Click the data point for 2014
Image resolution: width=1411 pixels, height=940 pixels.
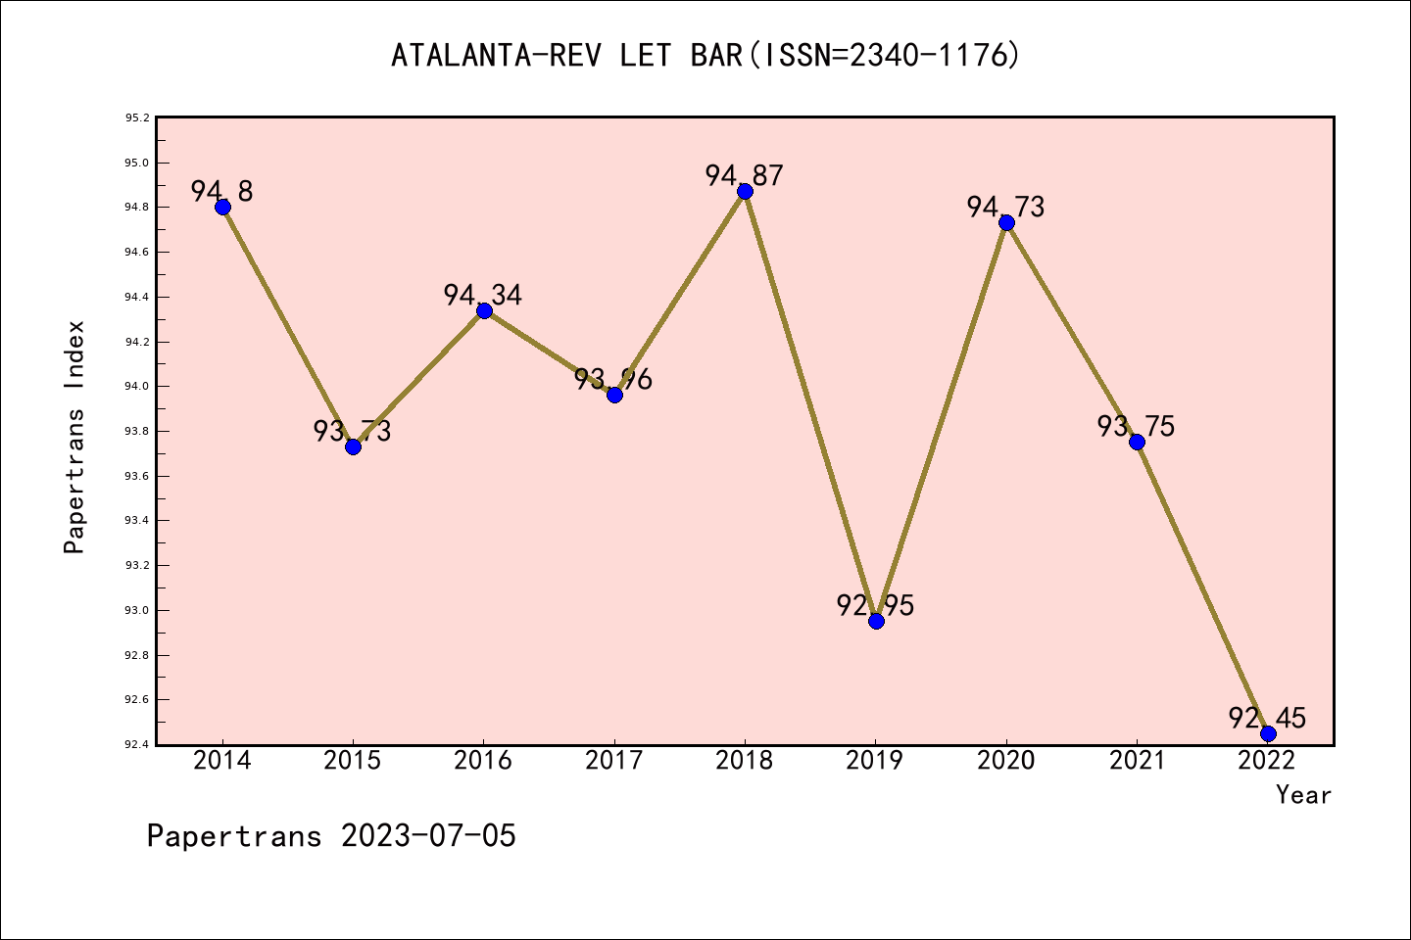click(222, 207)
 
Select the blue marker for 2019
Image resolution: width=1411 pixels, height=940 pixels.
click(876, 621)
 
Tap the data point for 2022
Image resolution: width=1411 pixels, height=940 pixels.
click(1268, 733)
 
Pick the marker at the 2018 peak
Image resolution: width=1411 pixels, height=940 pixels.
click(745, 191)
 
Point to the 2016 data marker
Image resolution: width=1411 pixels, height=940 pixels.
click(484, 310)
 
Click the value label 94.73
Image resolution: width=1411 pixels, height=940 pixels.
click(1005, 207)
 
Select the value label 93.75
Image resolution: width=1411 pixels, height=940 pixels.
click(1136, 426)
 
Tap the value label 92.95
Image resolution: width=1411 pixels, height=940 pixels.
click(875, 605)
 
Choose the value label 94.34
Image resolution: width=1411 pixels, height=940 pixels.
click(482, 295)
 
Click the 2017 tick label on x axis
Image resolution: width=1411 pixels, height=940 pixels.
click(614, 761)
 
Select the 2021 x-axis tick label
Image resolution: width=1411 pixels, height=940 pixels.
click(1137, 761)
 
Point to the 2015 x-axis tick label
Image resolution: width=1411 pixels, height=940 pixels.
click(353, 761)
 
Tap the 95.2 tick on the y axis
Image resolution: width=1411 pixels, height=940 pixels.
click(136, 118)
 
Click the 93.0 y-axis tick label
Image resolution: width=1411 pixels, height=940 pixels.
click(136, 611)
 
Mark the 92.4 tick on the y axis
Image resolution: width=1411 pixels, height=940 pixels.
click(136, 745)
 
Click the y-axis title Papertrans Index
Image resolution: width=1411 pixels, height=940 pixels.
click(74, 437)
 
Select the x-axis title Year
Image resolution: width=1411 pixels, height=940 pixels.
click(1303, 795)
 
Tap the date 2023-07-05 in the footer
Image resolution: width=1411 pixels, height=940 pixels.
click(428, 836)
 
